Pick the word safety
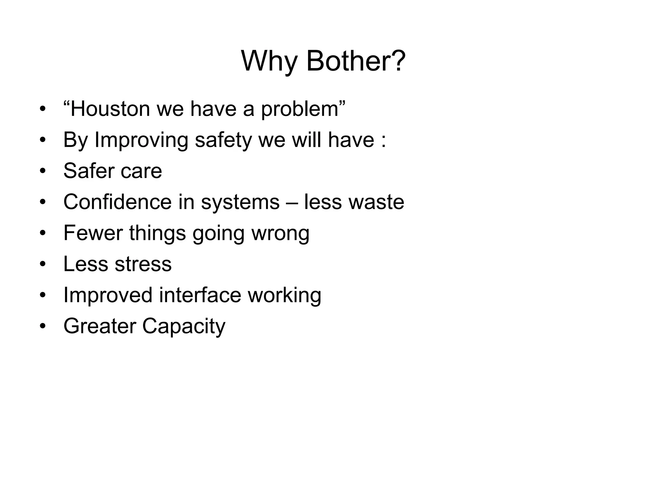[223, 140]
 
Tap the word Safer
[88, 171]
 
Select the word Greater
[100, 326]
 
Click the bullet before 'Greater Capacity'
[43, 326]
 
